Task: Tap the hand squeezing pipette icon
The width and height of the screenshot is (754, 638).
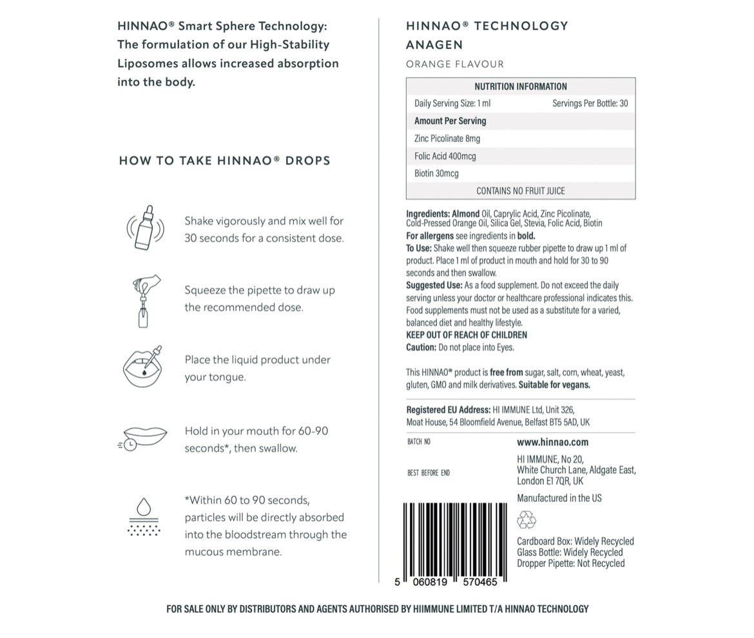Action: pos(144,300)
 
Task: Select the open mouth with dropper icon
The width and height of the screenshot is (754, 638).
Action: pos(142,367)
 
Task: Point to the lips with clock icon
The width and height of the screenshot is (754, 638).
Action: pos(143,438)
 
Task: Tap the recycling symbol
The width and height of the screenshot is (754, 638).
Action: pos(527,519)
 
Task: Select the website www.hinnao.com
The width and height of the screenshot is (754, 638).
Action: pos(552,442)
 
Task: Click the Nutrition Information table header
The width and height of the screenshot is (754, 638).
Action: pos(521,86)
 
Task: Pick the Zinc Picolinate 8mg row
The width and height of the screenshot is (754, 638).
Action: pos(447,139)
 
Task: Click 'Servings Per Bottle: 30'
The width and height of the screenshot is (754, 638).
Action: pos(590,103)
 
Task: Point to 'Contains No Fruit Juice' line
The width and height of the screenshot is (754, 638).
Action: pos(521,191)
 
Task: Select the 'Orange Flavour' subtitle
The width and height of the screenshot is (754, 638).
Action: pos(455,64)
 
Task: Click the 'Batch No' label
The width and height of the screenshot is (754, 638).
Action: pos(419,442)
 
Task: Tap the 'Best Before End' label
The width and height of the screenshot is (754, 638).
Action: pos(429,473)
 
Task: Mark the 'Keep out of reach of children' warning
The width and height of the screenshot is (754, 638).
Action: pos(467,335)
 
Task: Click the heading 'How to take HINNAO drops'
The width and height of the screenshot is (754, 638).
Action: pos(224,161)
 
